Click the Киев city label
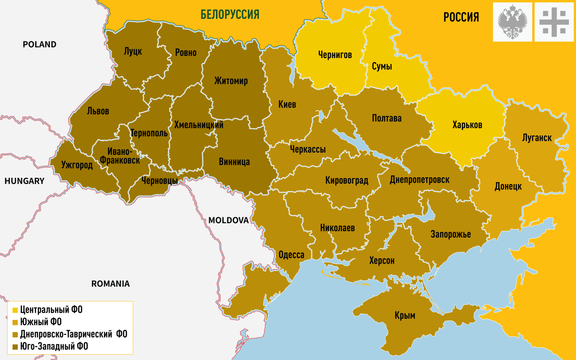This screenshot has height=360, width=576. click(x=287, y=104)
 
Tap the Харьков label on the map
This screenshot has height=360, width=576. click(x=467, y=125)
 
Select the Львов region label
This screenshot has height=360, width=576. click(x=98, y=111)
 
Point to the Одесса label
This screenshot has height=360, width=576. click(x=291, y=255)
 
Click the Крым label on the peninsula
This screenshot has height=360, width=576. click(x=404, y=315)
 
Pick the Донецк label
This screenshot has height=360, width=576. click(x=508, y=186)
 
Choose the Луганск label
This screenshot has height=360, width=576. click(x=537, y=138)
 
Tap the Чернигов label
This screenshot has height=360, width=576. click(x=335, y=55)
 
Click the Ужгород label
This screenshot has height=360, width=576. click(x=77, y=165)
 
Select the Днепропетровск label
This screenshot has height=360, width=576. click(x=419, y=180)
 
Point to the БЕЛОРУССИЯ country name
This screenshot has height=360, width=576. click(x=230, y=15)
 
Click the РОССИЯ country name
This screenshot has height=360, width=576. click(x=461, y=18)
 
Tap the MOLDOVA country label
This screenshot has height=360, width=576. click(x=228, y=220)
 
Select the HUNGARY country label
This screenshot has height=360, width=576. click(x=24, y=181)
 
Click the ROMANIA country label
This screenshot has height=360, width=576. click(x=110, y=283)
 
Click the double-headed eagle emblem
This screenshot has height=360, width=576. click(x=513, y=22)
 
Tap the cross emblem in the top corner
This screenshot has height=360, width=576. click(x=554, y=22)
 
